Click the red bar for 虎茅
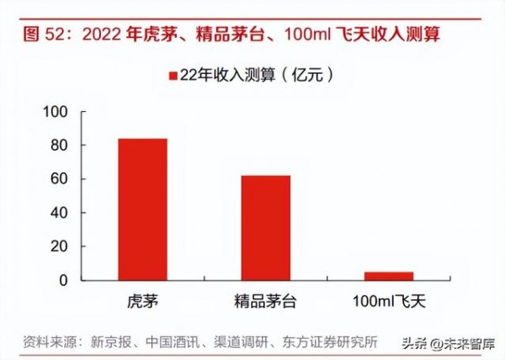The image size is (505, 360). tap(141, 209)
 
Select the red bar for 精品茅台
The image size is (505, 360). tap(265, 227)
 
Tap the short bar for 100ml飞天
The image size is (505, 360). tap(388, 276)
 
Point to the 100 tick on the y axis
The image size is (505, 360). tap(54, 112)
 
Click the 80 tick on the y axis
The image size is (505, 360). tap(58, 146)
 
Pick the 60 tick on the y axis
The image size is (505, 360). tap(58, 179)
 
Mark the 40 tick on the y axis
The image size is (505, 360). tap(58, 213)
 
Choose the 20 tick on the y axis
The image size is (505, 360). tap(58, 246)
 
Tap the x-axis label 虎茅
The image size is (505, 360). tap(141, 299)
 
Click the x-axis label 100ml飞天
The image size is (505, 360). tap(388, 299)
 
